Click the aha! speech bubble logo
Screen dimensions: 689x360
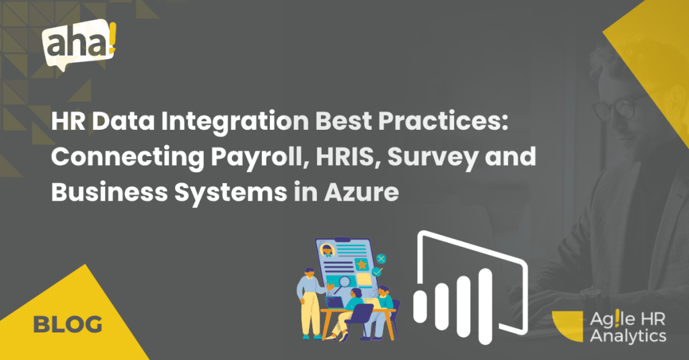point(79,44)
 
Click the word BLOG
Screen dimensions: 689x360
point(68,325)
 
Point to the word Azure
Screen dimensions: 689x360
point(361,192)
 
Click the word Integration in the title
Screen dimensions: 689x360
point(235,122)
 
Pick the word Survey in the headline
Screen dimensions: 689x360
point(432,157)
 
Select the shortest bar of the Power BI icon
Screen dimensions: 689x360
point(421,306)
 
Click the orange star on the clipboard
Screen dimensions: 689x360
point(361,264)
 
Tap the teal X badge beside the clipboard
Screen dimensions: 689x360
point(381,258)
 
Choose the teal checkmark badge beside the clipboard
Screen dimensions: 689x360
point(377,272)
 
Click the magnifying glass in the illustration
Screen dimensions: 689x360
point(342,283)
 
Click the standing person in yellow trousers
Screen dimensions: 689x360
point(312,303)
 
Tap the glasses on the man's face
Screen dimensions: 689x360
point(615,107)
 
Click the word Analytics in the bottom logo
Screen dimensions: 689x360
point(628,336)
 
